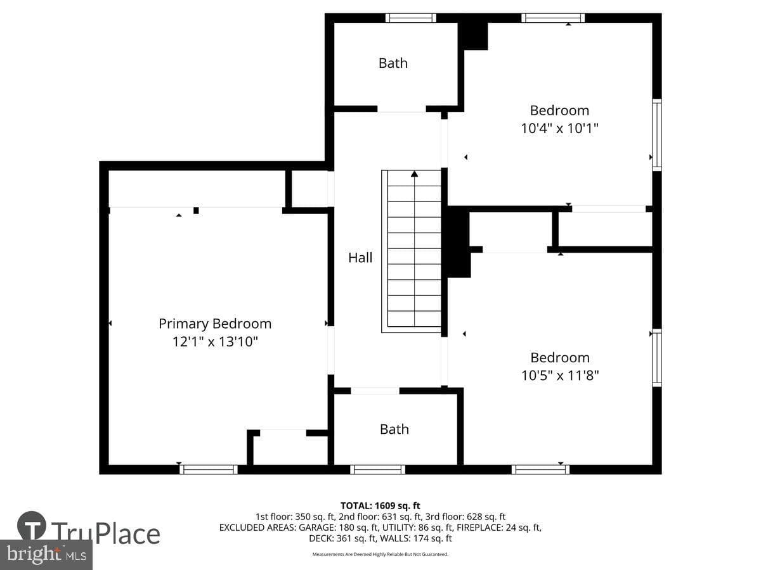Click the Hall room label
point(360,258)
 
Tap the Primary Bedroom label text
point(215,324)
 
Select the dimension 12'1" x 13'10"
point(215,342)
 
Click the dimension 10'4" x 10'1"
point(559,129)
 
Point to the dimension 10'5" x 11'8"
point(560,376)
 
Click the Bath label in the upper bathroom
point(393,63)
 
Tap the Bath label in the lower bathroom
point(394,429)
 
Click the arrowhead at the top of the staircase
point(414,174)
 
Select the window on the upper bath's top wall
point(411,18)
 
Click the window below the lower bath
point(377,470)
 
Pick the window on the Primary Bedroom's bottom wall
point(209,470)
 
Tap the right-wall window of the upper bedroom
point(657,135)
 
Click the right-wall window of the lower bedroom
point(657,357)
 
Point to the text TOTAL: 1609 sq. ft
point(380,506)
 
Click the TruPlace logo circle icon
point(32,525)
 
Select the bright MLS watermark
point(46,555)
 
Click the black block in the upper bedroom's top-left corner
point(473,36)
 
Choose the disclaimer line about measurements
point(380,554)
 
